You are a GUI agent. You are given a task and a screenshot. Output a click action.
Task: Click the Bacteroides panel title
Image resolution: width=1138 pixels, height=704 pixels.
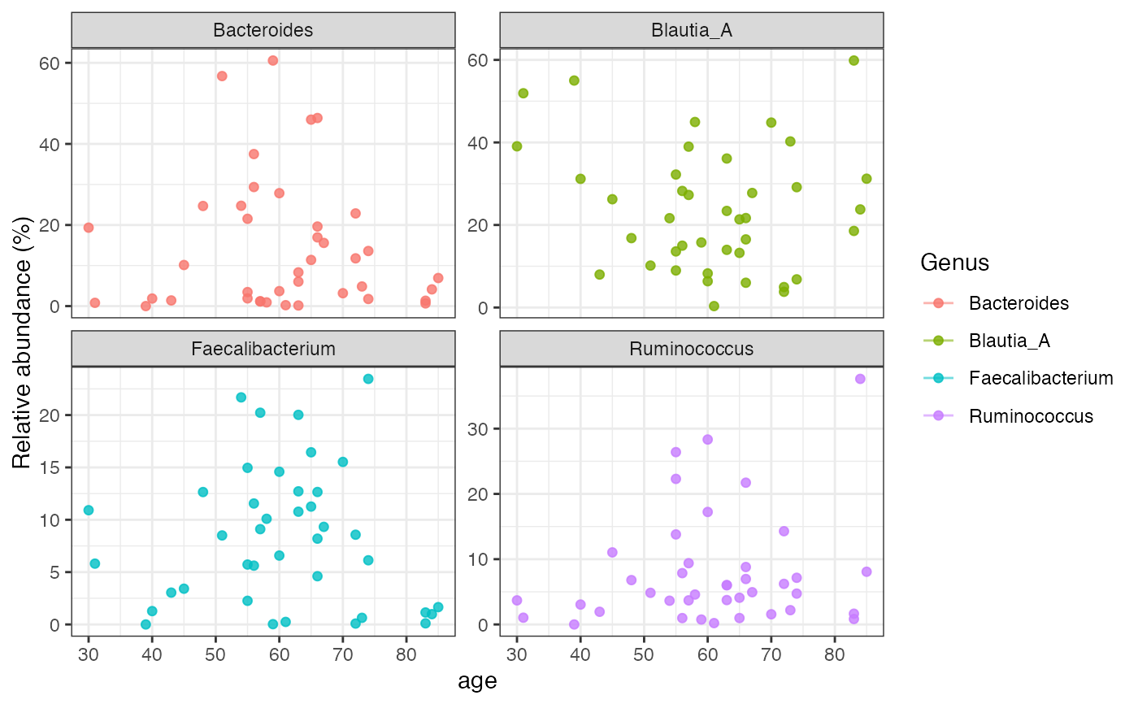click(x=263, y=31)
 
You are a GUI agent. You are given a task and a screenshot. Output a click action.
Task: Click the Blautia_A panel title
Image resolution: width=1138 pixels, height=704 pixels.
click(x=692, y=31)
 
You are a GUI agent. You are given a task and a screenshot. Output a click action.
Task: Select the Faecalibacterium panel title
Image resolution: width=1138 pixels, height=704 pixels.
click(x=263, y=350)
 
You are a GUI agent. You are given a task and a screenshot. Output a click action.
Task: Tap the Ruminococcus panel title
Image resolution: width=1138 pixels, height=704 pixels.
click(x=692, y=350)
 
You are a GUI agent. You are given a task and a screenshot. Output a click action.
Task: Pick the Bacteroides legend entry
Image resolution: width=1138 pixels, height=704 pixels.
click(x=1018, y=303)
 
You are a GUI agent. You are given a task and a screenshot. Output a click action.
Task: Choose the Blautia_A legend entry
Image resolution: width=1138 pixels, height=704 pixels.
click(x=1009, y=341)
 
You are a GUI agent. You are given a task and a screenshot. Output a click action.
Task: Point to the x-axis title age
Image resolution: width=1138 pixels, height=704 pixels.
click(x=477, y=681)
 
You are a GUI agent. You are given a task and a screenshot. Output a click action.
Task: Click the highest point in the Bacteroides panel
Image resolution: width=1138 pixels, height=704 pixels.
click(x=273, y=60)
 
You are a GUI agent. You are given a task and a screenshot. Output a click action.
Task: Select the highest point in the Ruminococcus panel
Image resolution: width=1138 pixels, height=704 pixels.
click(x=860, y=379)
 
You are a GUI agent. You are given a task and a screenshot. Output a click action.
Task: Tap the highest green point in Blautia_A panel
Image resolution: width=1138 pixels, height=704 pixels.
click(x=853, y=60)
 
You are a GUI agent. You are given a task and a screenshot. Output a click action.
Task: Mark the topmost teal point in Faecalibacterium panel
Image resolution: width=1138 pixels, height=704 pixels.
click(x=368, y=379)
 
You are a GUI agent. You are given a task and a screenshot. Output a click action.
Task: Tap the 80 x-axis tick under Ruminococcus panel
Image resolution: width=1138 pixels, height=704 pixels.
click(x=834, y=654)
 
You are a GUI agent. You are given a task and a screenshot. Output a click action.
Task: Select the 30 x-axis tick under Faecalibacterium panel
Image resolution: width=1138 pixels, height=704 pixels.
click(x=89, y=654)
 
